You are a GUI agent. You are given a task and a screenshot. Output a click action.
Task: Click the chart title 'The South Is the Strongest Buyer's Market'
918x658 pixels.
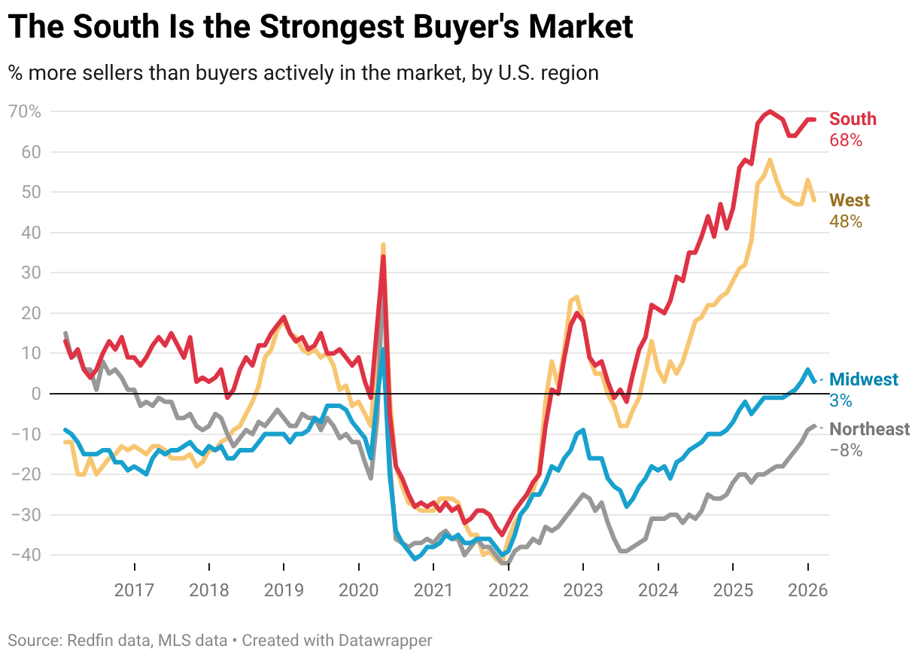[321, 28]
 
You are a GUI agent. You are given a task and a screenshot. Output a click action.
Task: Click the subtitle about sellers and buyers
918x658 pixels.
[303, 73]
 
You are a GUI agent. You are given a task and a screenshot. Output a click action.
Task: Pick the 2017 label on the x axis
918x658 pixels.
[135, 589]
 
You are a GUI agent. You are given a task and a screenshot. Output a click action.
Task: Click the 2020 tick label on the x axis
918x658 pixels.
[359, 589]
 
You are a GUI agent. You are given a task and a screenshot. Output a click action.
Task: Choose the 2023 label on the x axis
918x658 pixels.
[583, 589]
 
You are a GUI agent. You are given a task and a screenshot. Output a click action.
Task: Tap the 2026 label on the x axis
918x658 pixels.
[807, 589]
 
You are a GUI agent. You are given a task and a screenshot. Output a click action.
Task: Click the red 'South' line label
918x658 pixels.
[853, 119]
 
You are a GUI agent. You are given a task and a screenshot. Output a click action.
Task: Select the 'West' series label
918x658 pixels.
[849, 201]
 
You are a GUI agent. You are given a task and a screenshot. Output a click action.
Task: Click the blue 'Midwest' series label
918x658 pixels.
[864, 379]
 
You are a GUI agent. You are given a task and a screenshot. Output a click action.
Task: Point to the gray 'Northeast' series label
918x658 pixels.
[869, 429]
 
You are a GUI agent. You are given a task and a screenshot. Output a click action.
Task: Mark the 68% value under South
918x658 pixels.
[845, 141]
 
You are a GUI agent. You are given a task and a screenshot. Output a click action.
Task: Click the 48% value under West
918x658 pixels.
[845, 222]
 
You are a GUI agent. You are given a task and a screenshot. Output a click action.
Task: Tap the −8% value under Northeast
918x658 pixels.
[845, 451]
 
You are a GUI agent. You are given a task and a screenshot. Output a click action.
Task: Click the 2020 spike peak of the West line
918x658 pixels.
[383, 245]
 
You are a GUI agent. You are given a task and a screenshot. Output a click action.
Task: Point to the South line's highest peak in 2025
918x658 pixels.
[770, 111]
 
